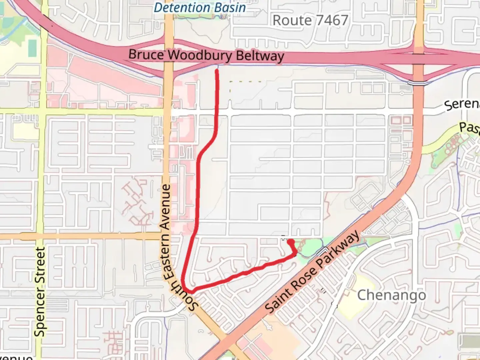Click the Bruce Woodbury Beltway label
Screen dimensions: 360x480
206,55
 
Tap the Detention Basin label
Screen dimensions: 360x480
200,7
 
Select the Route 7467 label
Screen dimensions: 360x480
310,21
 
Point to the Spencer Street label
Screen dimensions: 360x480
40,292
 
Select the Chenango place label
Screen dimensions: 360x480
391,295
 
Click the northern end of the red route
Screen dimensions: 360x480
217,71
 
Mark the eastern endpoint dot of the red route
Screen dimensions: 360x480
290,241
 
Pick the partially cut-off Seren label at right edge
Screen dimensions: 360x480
462,104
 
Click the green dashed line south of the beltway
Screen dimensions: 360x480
245,81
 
